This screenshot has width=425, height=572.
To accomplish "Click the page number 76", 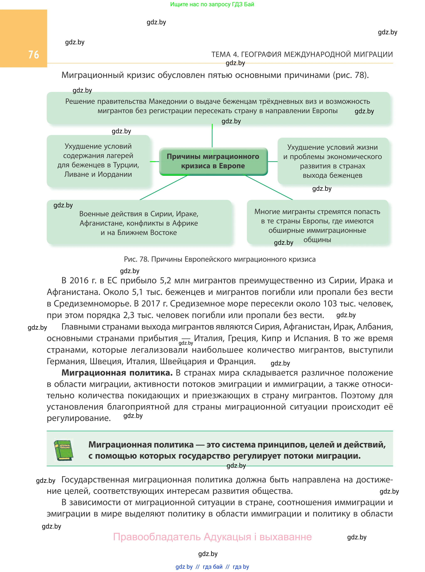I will [33, 54].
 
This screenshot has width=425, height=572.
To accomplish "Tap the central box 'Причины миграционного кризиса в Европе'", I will [213, 161].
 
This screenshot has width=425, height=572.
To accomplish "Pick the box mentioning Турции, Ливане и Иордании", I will [98, 161].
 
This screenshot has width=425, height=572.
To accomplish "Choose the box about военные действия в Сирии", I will [139, 223].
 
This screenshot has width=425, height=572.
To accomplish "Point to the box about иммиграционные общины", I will [317, 223].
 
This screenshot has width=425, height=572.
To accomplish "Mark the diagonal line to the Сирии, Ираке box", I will [165, 187].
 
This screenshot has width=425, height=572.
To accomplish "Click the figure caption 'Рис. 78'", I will [219, 259].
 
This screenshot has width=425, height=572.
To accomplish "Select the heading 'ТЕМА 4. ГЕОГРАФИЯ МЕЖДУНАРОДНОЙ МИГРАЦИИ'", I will [302, 54].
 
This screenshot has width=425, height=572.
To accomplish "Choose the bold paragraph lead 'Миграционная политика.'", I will [117, 373].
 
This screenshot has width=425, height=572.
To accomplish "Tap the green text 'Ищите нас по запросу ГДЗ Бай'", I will [212, 4].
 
